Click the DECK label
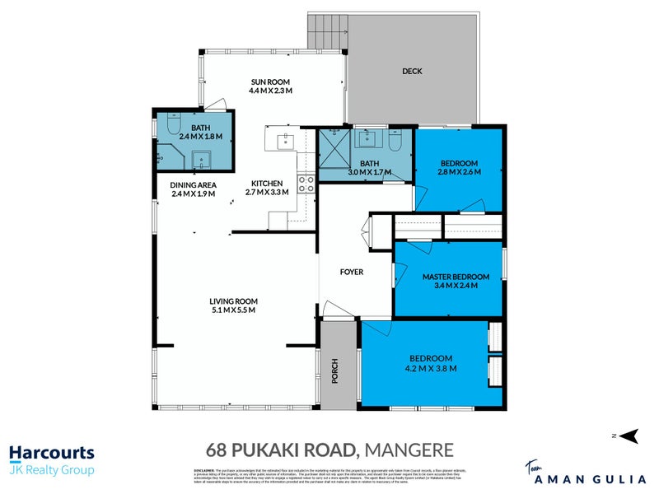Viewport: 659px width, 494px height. coord(412,72)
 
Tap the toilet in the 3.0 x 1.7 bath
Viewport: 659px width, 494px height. coord(395,142)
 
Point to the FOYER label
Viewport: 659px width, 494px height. coord(352,272)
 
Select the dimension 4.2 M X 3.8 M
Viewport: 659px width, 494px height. coord(431,368)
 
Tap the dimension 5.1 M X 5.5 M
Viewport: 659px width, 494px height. coord(233,310)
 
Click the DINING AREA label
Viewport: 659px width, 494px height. coord(194,184)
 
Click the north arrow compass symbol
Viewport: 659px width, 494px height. coord(628,436)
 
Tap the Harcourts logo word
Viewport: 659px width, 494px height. coord(51,452)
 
